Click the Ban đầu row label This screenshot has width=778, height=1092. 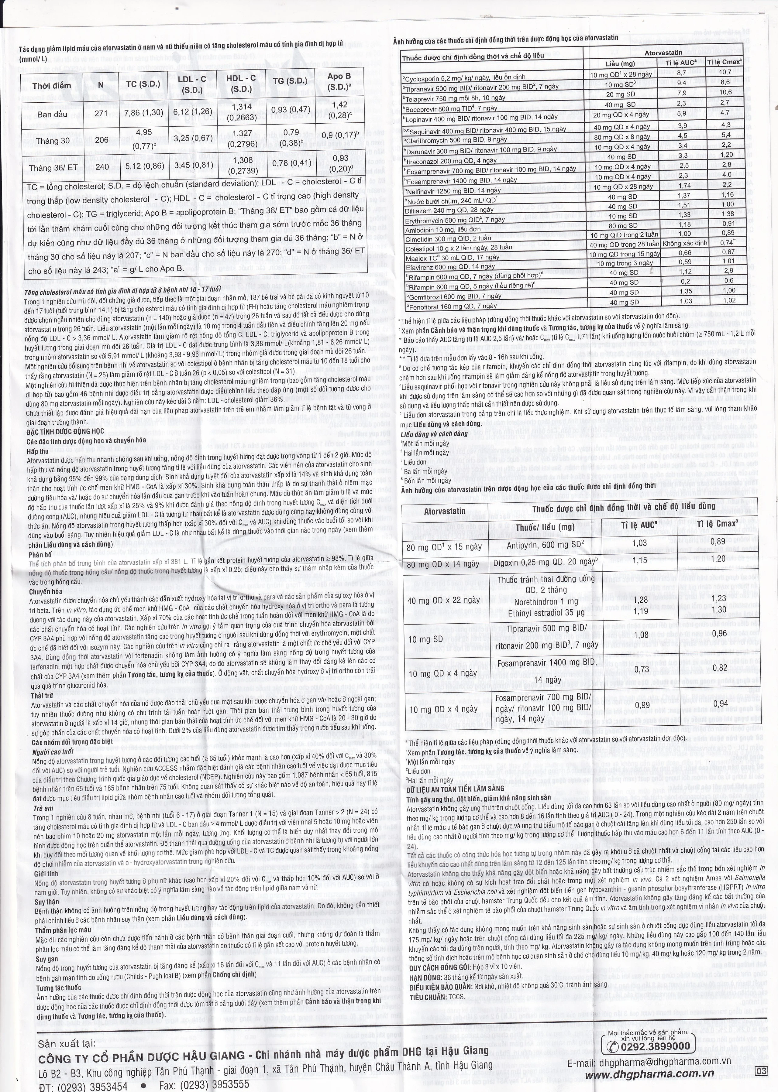52,115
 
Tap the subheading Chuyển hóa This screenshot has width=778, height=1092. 46,591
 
